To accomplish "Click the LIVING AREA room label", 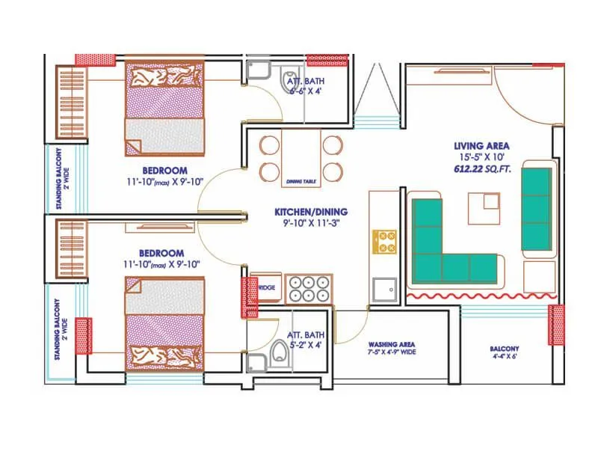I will (481, 145).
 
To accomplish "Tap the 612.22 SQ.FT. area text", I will (481, 171).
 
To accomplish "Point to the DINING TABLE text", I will (301, 182).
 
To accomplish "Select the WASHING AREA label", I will (392, 347).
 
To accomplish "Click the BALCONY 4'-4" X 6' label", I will (505, 352).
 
